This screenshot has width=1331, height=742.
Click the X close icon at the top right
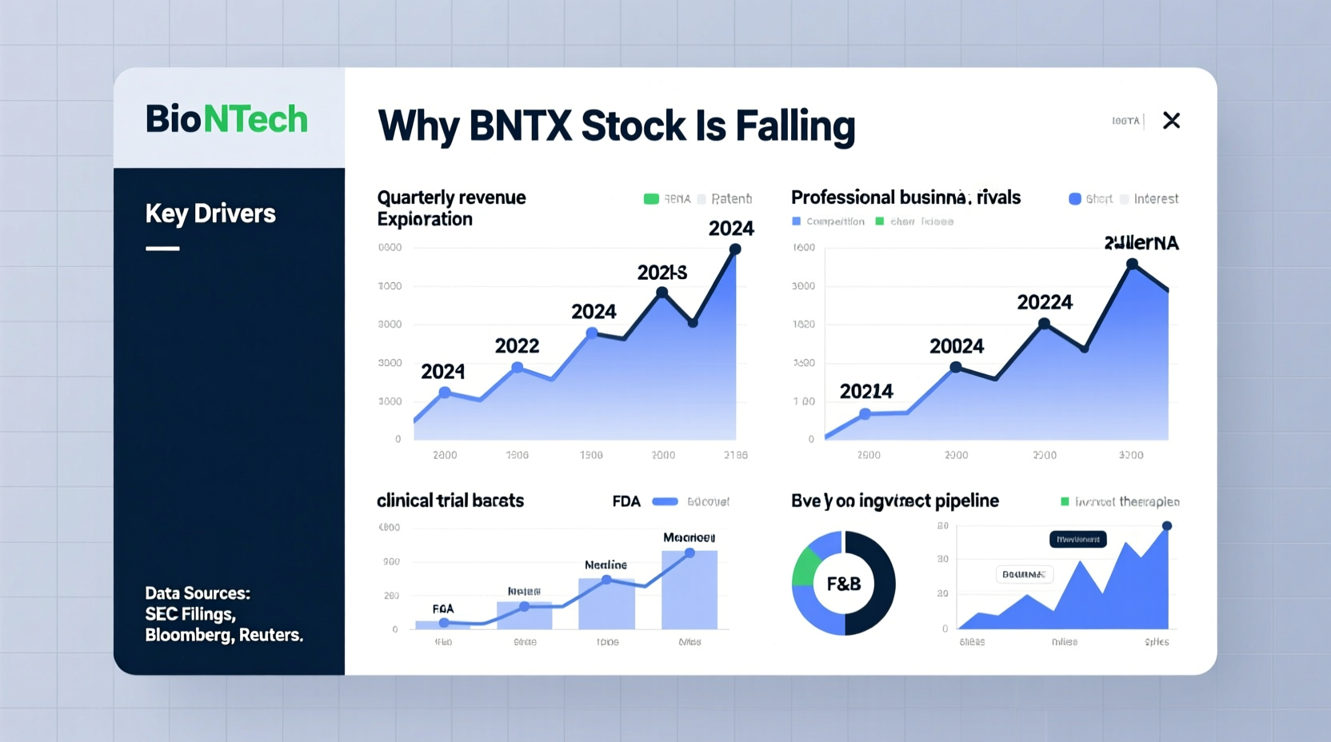point(1171,121)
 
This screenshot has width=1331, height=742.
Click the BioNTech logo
point(226,119)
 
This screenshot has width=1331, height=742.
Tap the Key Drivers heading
point(210,213)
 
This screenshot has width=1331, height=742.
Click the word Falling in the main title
point(795,126)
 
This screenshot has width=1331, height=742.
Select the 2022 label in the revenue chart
point(517,346)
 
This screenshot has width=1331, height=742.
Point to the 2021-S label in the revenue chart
point(662,273)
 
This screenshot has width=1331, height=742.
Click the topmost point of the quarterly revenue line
point(735,249)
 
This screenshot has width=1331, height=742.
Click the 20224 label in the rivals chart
point(1044,302)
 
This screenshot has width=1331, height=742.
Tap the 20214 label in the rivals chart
point(865,392)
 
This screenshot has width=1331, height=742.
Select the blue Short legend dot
point(1075,199)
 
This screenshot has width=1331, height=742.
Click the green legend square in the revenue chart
point(651,199)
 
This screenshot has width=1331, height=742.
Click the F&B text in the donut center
point(843,584)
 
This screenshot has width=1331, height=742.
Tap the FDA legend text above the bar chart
point(626,501)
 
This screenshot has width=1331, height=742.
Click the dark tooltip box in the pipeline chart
point(1077,540)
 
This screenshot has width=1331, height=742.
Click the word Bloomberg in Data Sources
point(188,635)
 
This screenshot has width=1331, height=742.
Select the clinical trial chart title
point(450,501)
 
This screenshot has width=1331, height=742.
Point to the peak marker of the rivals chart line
point(1132,264)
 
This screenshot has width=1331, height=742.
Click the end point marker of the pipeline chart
point(1167,526)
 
